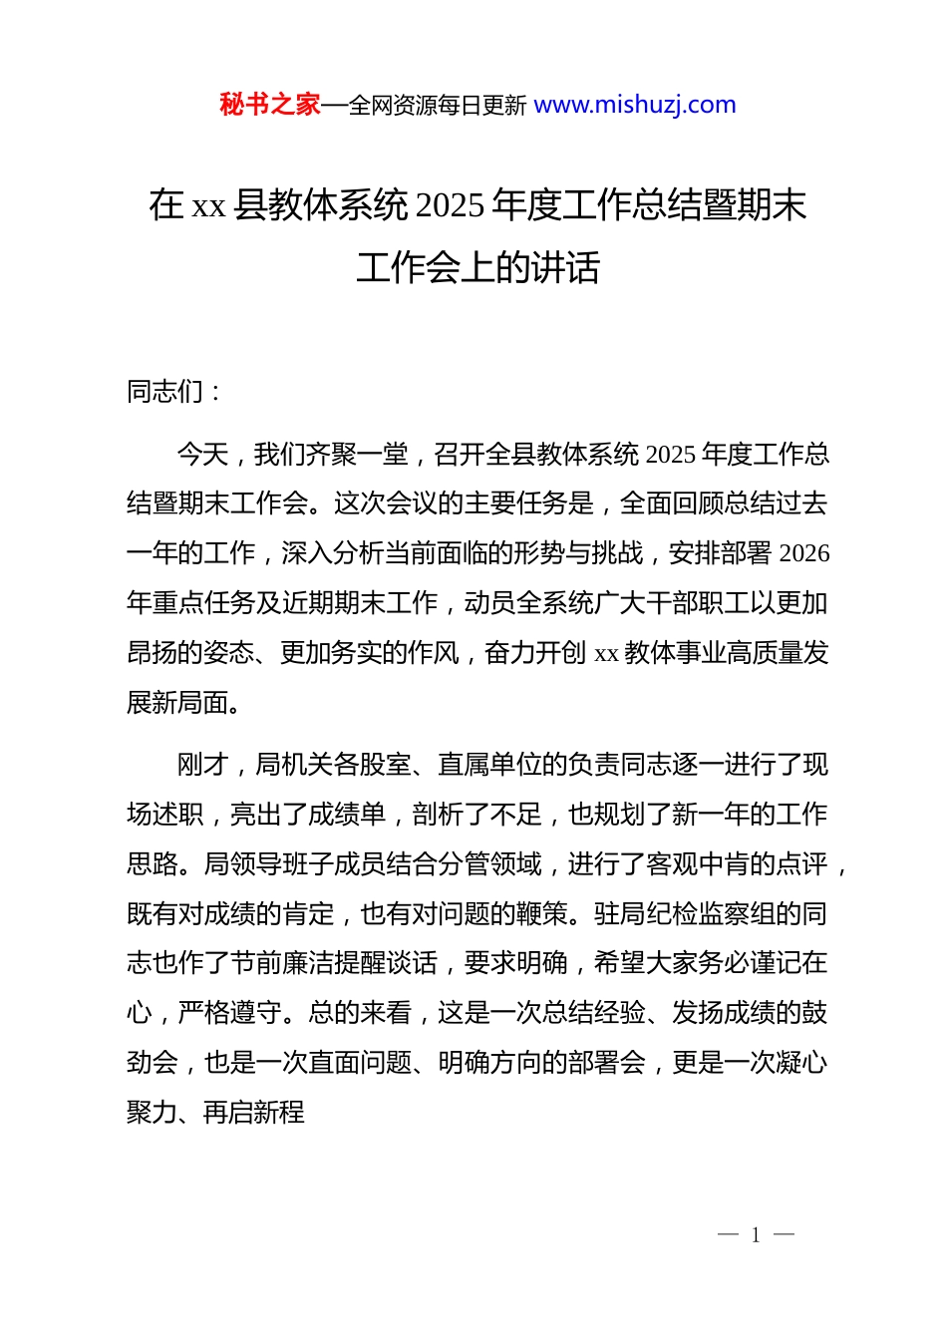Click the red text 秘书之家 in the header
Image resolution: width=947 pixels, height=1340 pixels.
[269, 105]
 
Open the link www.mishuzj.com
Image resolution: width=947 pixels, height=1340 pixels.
[635, 105]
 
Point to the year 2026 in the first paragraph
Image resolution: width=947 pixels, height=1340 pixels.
[803, 553]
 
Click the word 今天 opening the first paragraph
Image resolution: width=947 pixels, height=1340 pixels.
[202, 455]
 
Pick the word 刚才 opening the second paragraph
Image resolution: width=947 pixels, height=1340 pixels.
[202, 765]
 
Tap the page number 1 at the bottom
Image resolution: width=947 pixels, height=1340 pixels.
[756, 1235]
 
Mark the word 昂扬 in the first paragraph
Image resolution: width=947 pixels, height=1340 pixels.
[153, 653]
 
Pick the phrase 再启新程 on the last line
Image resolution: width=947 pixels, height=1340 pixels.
[254, 1113]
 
